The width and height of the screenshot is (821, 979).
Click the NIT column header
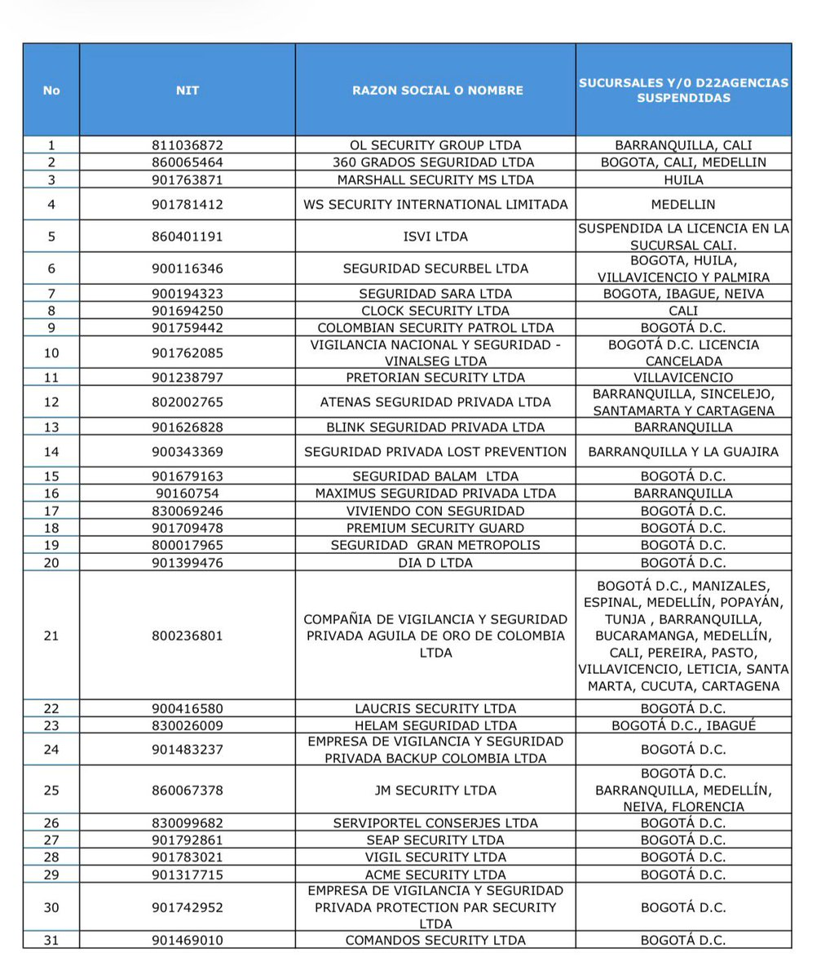(x=188, y=90)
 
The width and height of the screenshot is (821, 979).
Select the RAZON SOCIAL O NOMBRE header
(x=435, y=90)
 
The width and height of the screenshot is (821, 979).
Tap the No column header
(x=51, y=90)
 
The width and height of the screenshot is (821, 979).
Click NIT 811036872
(x=188, y=145)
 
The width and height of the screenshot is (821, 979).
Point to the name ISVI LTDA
(x=435, y=237)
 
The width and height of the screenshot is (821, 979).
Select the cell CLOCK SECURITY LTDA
(x=435, y=311)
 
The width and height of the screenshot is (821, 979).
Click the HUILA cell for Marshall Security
(x=683, y=179)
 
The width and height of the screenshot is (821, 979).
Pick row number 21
(x=51, y=636)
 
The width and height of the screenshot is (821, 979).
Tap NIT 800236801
(x=188, y=636)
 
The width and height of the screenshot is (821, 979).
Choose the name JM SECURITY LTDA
(x=435, y=790)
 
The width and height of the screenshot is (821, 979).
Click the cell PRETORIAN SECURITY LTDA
(x=435, y=377)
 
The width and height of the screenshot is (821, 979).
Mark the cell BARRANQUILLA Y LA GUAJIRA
(x=683, y=451)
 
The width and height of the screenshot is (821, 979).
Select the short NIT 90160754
(x=188, y=493)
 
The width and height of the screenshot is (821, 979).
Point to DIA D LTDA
(x=435, y=562)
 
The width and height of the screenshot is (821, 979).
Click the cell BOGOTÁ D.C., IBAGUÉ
(x=683, y=724)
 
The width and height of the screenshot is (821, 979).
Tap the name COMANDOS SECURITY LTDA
(x=435, y=940)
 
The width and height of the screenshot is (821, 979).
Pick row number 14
(x=51, y=451)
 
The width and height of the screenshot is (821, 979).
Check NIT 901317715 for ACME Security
(x=188, y=874)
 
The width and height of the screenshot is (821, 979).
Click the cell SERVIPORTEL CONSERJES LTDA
(x=435, y=822)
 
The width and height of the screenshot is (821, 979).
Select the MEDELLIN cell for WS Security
(x=683, y=204)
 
